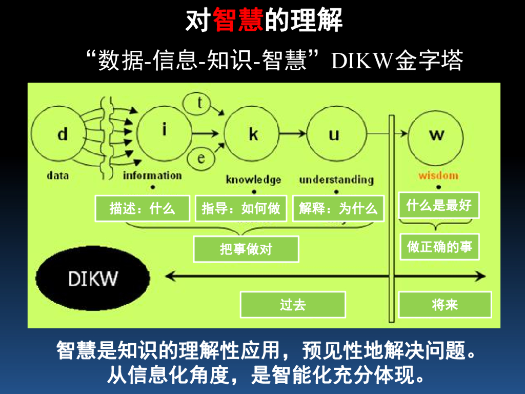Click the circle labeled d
click(x=62, y=135)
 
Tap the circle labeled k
click(x=253, y=134)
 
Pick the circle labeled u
click(x=334, y=134)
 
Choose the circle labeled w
click(x=436, y=135)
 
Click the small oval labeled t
click(x=200, y=104)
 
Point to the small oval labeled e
click(x=200, y=158)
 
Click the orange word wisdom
click(x=438, y=175)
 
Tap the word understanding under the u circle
click(x=336, y=180)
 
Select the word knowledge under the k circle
click(x=253, y=180)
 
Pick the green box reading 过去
click(x=293, y=305)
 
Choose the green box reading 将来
click(x=445, y=305)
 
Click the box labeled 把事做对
click(x=246, y=249)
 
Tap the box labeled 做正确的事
click(x=439, y=247)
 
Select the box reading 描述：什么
click(x=142, y=209)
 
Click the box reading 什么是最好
click(x=438, y=206)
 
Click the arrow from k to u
click(x=293, y=134)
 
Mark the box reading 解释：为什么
click(x=338, y=209)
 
